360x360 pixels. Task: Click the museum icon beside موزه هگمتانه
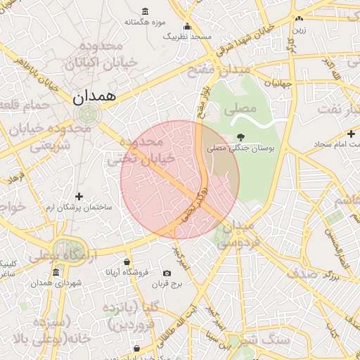click(x=145, y=11)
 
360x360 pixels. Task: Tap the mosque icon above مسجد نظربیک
click(x=187, y=27)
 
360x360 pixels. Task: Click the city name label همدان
click(x=94, y=97)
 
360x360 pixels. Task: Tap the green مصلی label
click(x=240, y=110)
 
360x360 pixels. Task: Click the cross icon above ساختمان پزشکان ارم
click(x=79, y=197)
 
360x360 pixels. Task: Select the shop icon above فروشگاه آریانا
click(x=127, y=262)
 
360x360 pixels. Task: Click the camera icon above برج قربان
click(x=167, y=273)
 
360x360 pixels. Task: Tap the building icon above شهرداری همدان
click(x=56, y=272)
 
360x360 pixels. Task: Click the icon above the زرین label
click(x=300, y=18)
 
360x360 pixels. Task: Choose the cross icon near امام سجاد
click(x=351, y=134)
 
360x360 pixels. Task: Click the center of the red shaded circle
click(x=180, y=180)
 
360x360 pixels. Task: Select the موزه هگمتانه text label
click(x=145, y=22)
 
